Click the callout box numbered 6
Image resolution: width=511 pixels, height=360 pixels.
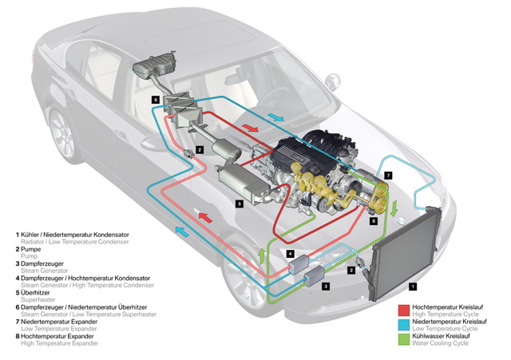tap(156, 99)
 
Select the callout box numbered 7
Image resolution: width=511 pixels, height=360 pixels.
tap(388, 173)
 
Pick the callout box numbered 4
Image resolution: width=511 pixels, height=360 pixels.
tap(291, 254)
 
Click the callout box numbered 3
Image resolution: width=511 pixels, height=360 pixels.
tap(326, 285)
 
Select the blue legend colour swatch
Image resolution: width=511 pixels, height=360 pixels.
tap(404, 324)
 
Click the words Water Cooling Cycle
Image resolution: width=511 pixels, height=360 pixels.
tap(446, 346)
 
